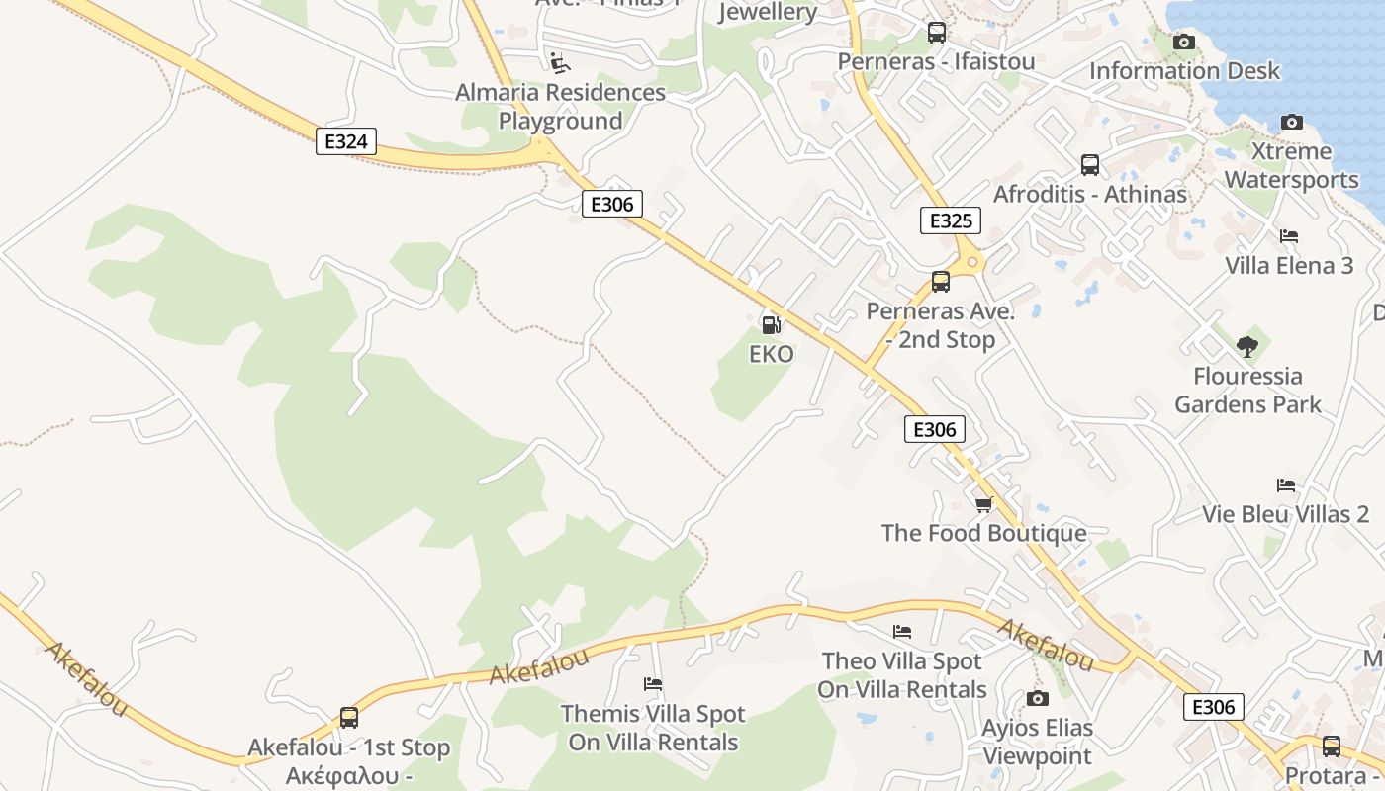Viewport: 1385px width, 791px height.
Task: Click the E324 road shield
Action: click(346, 141)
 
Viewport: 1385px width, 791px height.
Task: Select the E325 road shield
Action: click(950, 220)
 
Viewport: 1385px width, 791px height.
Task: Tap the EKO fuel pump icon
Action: click(771, 323)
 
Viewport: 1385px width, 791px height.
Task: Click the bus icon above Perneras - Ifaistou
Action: click(937, 33)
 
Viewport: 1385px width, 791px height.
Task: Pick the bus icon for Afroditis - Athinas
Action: click(1090, 165)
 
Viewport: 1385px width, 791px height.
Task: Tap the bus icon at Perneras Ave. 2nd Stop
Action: click(941, 282)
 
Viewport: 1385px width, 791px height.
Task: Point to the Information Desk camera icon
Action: click(1184, 42)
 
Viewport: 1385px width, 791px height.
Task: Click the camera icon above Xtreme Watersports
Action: click(1292, 123)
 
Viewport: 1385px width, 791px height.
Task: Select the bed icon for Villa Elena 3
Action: click(1289, 236)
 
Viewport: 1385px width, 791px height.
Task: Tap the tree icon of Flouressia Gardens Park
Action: click(1247, 347)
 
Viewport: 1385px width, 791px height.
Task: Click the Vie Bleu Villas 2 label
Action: click(1286, 514)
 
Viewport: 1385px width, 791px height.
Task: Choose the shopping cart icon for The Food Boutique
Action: click(983, 504)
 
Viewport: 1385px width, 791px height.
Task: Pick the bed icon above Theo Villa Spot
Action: click(902, 632)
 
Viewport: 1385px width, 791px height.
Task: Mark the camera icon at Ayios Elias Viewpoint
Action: click(1037, 699)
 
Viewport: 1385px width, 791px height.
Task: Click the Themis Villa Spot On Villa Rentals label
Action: click(653, 728)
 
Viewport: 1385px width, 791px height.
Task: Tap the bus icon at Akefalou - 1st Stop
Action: click(348, 718)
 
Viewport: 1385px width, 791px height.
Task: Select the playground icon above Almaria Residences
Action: click(560, 63)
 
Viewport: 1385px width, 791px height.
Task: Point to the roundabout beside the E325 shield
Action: click(971, 262)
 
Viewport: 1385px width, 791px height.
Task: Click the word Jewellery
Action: click(768, 12)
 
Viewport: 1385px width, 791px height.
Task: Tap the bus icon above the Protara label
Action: click(1332, 747)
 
